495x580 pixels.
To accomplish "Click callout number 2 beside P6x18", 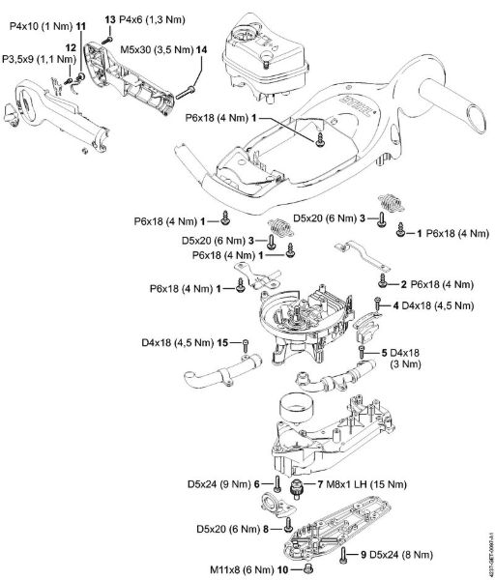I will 402,284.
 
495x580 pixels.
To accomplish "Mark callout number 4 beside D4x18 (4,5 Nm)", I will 395,306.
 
